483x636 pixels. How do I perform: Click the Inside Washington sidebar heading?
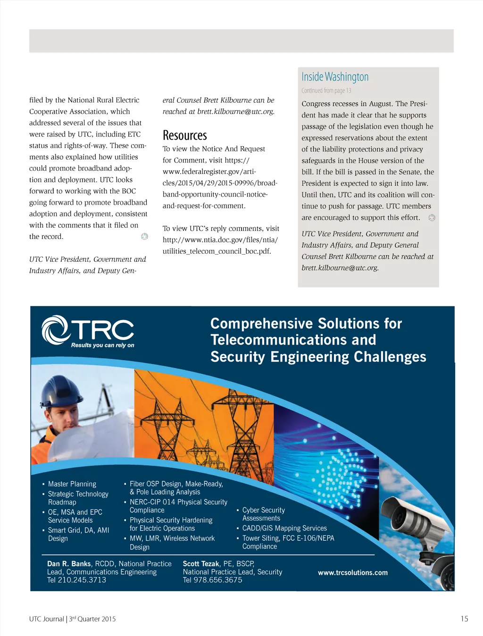335,77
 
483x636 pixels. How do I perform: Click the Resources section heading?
185,135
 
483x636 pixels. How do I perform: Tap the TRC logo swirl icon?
55,330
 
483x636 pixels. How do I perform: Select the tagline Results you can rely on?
102,345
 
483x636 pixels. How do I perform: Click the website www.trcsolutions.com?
353,572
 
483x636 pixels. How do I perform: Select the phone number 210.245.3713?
82,580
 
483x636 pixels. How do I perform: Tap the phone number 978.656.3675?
218,580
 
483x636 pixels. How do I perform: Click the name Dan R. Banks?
69,563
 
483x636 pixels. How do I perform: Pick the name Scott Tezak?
201,563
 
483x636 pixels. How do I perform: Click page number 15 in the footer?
464,619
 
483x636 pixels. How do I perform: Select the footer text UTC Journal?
46,619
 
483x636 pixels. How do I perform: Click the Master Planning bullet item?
72,484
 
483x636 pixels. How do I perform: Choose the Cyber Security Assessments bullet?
263,514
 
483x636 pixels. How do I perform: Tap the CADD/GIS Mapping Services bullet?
284,528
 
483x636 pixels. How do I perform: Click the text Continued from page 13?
326,91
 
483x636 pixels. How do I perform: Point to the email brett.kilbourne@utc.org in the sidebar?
340,268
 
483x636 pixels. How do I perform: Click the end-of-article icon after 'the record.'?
145,236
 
